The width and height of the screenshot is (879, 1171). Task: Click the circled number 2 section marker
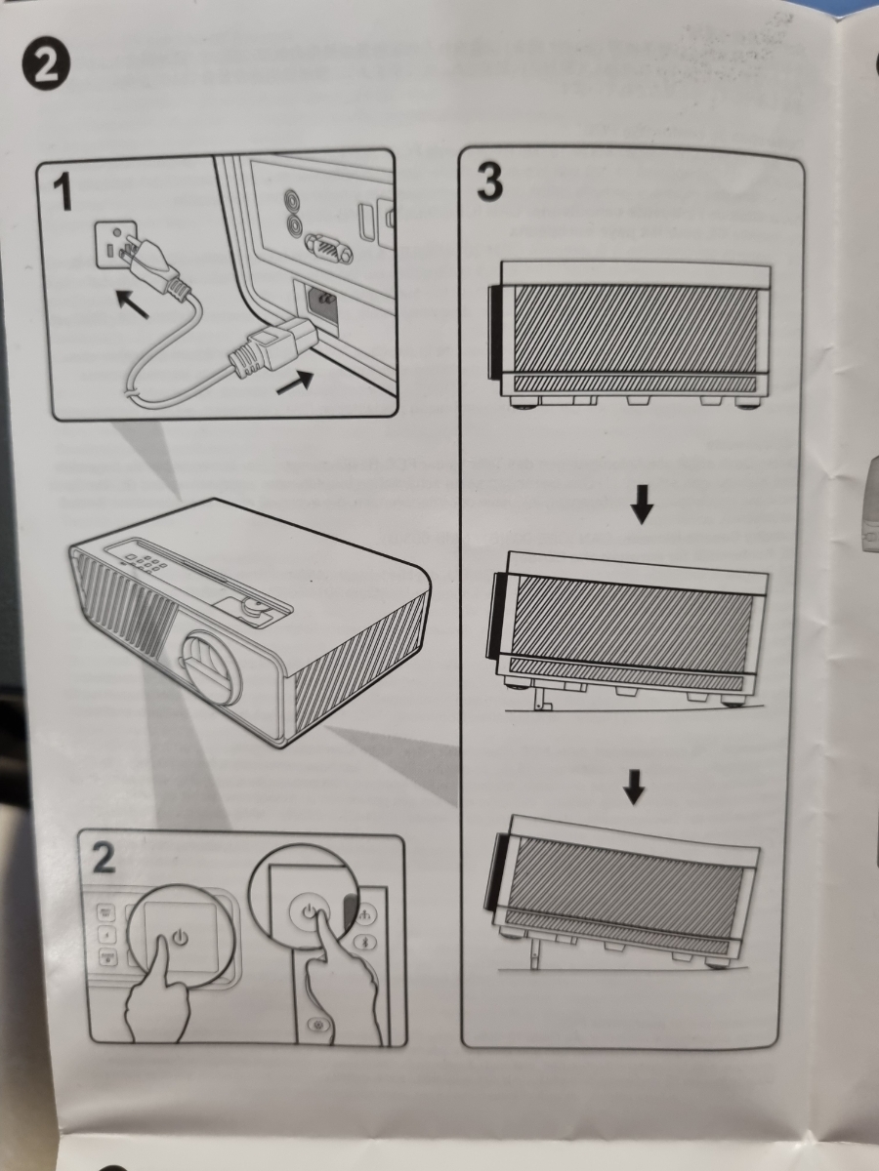pos(46,66)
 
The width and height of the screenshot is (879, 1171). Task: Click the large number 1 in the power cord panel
pos(63,192)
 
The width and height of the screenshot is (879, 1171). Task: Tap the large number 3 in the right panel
pos(489,182)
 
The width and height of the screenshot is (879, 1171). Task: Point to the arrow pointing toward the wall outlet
pos(132,303)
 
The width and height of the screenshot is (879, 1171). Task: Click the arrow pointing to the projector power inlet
pos(295,382)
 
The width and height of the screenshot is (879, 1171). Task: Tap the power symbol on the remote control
pos(310,909)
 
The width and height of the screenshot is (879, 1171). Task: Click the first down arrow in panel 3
pos(642,511)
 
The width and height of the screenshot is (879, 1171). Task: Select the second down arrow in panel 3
pos(635,787)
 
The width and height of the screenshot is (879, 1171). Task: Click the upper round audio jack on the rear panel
pos(292,198)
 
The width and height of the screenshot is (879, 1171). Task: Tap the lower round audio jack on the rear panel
pos(292,223)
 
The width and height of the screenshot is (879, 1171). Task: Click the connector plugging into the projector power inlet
pos(272,345)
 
